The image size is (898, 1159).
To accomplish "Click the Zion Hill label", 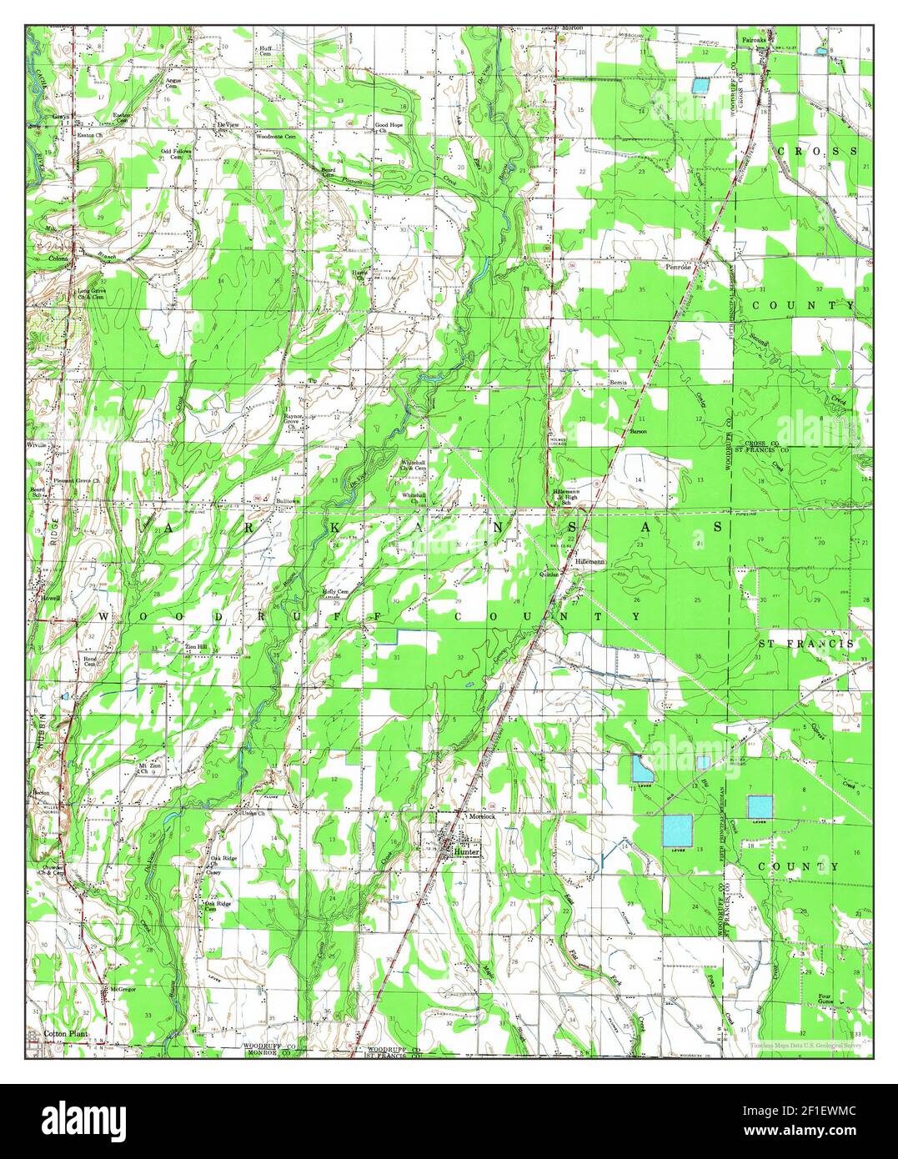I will (x=185, y=647).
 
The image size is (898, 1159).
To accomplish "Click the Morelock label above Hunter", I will (x=482, y=815).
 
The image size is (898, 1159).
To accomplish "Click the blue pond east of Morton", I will (x=700, y=85).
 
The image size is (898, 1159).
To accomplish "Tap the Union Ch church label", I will (x=253, y=813).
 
